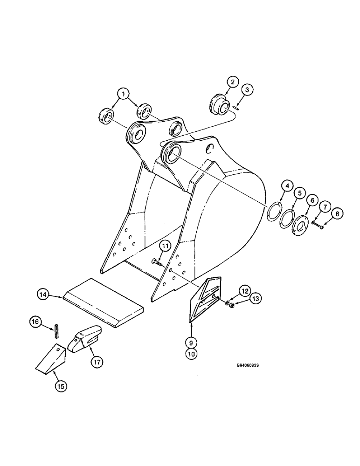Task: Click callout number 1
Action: tap(124, 95)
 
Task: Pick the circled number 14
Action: tap(43, 294)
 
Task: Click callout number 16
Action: tap(34, 321)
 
